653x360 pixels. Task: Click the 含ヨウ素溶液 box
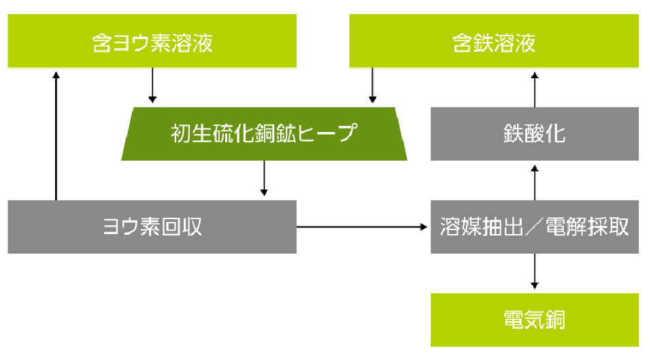click(152, 42)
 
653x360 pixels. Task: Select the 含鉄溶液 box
click(494, 42)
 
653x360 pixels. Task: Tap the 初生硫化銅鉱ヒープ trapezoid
click(264, 133)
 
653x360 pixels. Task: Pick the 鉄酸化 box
click(535, 133)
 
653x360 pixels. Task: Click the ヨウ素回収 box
click(152, 227)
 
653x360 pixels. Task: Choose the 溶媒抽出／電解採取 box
click(535, 227)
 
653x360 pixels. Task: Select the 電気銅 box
click(535, 319)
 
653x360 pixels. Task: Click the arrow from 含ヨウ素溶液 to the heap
click(152, 86)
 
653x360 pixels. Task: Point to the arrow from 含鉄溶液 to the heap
click(372, 86)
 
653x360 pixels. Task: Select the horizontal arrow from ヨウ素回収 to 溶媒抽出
click(363, 227)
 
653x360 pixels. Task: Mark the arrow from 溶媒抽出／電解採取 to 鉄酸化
click(535, 180)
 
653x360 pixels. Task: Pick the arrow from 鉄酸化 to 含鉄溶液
click(535, 87)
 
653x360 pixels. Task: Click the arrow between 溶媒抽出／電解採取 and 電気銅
click(535, 272)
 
